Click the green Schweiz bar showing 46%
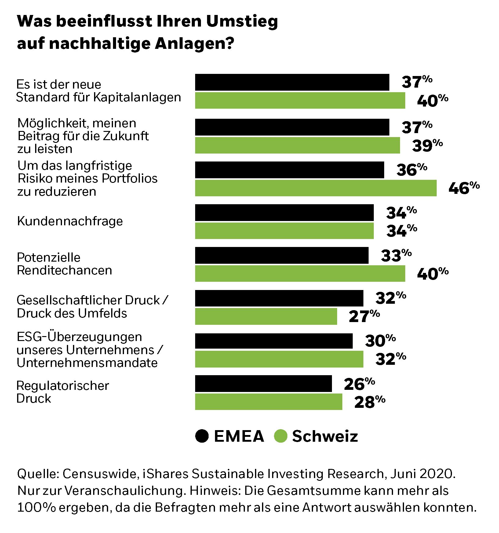pyautogui.click(x=316, y=188)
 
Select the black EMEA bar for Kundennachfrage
pyautogui.click(x=284, y=212)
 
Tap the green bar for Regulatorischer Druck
pyautogui.click(x=269, y=402)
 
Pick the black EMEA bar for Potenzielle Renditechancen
pyautogui.click(x=282, y=255)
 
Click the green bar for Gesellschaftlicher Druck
pyautogui.click(x=266, y=316)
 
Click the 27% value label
pyautogui.click(x=364, y=316)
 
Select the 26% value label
pyautogui.click(x=359, y=383)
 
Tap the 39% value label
pyautogui.click(x=427, y=145)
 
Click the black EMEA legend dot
pyautogui.click(x=202, y=436)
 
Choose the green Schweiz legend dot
pyautogui.click(x=281, y=436)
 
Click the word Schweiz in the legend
pyautogui.click(x=325, y=436)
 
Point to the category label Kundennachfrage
pyautogui.click(x=70, y=221)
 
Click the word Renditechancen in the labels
pyautogui.click(x=64, y=270)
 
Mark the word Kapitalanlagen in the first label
pyautogui.click(x=137, y=97)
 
